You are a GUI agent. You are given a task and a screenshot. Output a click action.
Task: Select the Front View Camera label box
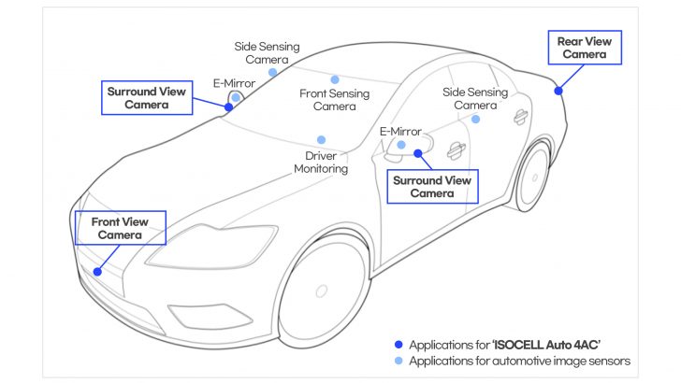click(121, 228)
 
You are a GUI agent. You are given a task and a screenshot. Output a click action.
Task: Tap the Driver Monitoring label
click(321, 162)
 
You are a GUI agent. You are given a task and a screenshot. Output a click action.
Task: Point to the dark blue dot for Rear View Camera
click(558, 91)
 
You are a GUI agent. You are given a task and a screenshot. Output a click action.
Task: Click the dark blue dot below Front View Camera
click(97, 271)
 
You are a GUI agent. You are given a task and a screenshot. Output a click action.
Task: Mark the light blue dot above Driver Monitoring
click(321, 140)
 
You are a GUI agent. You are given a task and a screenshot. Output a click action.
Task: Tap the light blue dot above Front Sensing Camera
click(334, 79)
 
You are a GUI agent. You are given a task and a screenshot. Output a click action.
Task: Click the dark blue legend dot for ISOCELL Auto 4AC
click(399, 345)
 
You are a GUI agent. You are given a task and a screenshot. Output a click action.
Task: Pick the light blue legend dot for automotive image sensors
click(399, 361)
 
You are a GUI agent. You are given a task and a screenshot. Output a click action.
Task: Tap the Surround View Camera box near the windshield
click(146, 98)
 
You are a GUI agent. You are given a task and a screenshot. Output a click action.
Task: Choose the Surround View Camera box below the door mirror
click(431, 186)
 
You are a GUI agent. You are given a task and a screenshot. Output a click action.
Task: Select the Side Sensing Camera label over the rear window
click(475, 99)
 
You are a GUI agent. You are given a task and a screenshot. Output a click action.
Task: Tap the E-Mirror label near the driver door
click(400, 132)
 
